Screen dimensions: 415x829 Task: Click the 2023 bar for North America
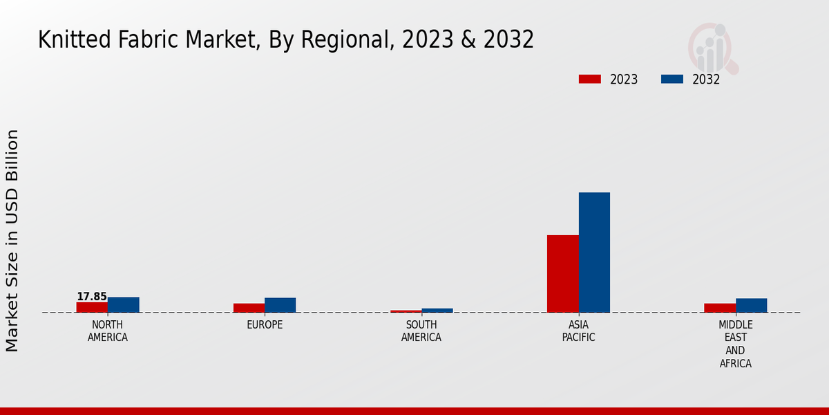click(92, 307)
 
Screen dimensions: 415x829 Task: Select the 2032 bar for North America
click(124, 305)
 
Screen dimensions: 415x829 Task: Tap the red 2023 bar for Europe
click(249, 308)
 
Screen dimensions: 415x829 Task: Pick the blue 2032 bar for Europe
click(280, 305)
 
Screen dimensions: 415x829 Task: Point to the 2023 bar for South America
click(406, 311)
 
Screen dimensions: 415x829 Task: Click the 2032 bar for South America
click(437, 311)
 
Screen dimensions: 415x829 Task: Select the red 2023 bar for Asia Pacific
click(563, 274)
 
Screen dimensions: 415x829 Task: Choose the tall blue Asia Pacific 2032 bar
click(594, 252)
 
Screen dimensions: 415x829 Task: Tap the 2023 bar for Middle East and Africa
click(720, 308)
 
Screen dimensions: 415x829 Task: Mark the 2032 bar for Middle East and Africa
click(752, 306)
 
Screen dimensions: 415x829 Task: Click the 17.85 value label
click(92, 297)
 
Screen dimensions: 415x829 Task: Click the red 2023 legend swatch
click(589, 80)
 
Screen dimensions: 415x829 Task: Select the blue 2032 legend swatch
click(672, 80)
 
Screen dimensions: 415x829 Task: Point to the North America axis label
click(108, 331)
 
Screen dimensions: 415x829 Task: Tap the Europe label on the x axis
click(265, 325)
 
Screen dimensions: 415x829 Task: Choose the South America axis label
click(421, 331)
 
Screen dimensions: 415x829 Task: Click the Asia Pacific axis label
click(579, 331)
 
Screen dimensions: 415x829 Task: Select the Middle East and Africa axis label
click(736, 344)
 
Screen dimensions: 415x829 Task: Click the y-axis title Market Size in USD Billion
click(12, 240)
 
